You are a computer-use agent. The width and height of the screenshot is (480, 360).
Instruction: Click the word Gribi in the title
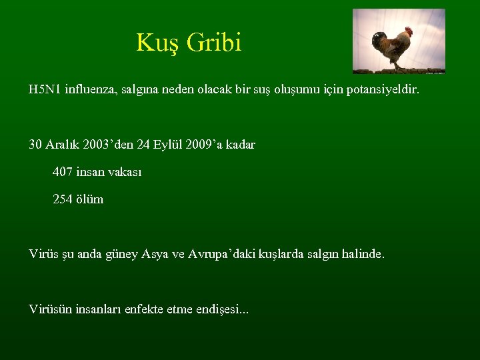pyautogui.click(x=214, y=43)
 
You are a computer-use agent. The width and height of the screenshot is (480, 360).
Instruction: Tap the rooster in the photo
pyautogui.click(x=392, y=47)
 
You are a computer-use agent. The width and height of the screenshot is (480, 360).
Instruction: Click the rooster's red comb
pyautogui.click(x=409, y=30)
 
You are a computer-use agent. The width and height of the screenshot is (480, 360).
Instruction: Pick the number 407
pyautogui.click(x=63, y=172)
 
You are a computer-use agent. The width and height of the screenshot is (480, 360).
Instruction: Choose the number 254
pyautogui.click(x=63, y=199)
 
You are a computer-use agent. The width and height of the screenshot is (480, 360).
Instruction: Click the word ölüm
pyautogui.click(x=90, y=199)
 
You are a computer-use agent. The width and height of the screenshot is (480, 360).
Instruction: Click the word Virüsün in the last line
pyautogui.click(x=49, y=309)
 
